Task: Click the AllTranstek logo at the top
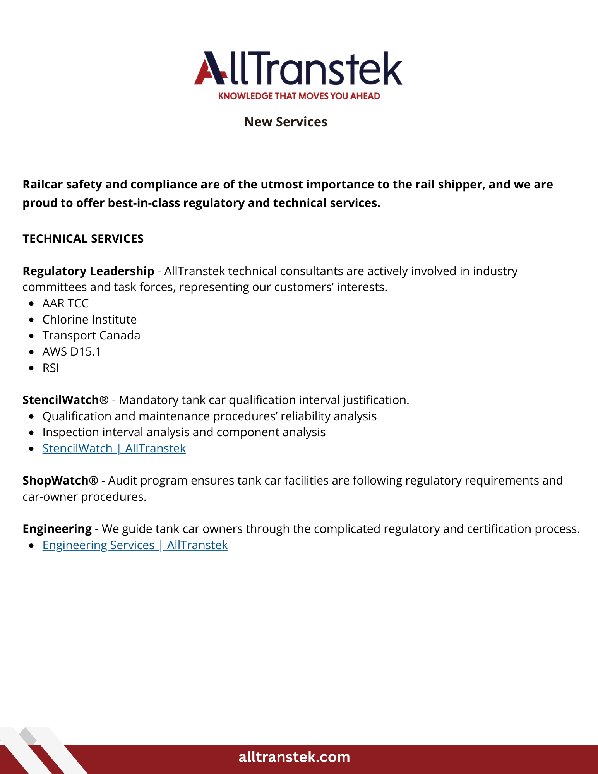pyautogui.click(x=298, y=69)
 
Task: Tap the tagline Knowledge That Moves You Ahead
pyautogui.click(x=299, y=96)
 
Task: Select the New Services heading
pyautogui.click(x=286, y=122)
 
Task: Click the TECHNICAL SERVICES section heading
pyautogui.click(x=83, y=239)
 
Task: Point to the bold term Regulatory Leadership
pyautogui.click(x=88, y=271)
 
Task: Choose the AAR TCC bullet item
pyautogui.click(x=65, y=303)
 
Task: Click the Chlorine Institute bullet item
pyautogui.click(x=89, y=320)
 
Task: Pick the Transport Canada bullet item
pyautogui.click(x=91, y=336)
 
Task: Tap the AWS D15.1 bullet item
pyautogui.click(x=72, y=352)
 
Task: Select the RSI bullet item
pyautogui.click(x=51, y=368)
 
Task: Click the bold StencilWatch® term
pyautogui.click(x=65, y=400)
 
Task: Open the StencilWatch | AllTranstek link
pyautogui.click(x=114, y=449)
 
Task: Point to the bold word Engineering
pyautogui.click(x=57, y=529)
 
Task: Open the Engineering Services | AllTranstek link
pyautogui.click(x=135, y=545)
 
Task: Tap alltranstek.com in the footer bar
pyautogui.click(x=294, y=757)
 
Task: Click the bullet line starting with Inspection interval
pyautogui.click(x=184, y=432)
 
